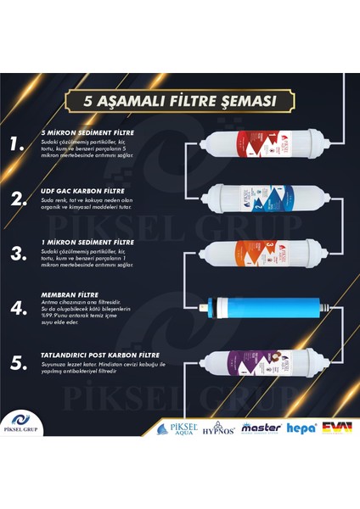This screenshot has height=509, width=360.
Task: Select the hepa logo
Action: [301, 428]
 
